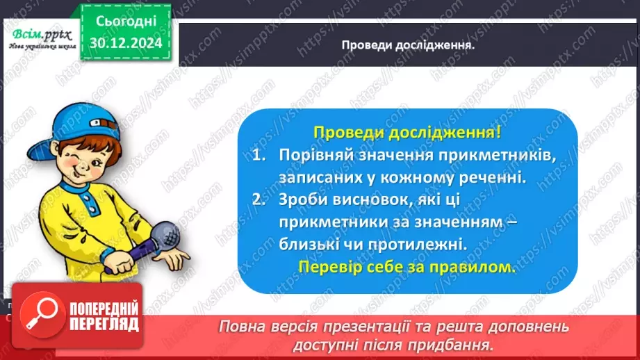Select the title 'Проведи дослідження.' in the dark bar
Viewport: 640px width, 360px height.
click(x=408, y=46)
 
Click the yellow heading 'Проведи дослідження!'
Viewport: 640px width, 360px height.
click(x=407, y=133)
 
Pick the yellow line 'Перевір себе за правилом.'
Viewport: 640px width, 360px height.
click(x=407, y=267)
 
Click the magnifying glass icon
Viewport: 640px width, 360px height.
click(x=39, y=317)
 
